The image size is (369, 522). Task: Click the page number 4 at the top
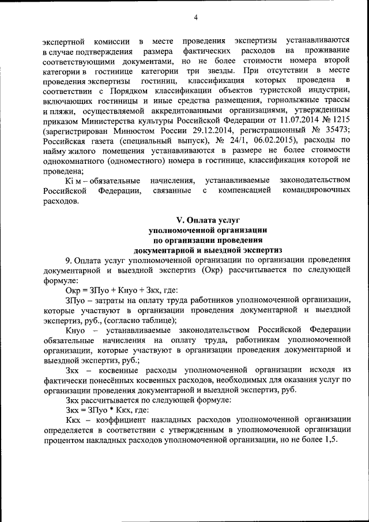click(195, 17)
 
